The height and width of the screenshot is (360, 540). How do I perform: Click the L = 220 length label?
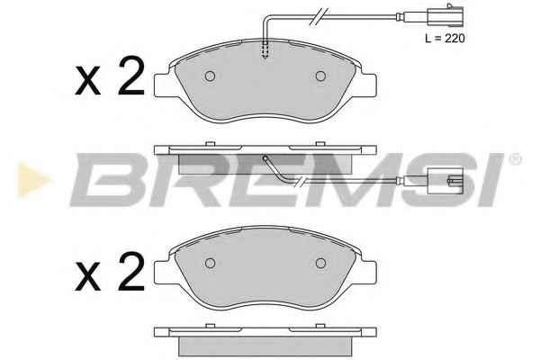pos(445,38)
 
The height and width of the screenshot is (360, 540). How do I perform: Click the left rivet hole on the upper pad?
pos(210,76)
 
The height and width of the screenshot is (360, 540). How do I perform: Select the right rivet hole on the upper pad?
pos(320,76)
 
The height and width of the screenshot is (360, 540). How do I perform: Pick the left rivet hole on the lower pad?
pos(210,263)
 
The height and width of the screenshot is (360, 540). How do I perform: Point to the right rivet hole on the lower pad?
pos(320,263)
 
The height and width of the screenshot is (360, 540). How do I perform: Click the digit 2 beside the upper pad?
pos(130,76)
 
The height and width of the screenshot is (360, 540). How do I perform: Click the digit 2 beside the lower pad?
pos(130,271)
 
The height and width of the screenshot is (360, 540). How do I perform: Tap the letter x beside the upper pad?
pos(88,82)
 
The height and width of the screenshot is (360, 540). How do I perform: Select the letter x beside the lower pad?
pos(88,276)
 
